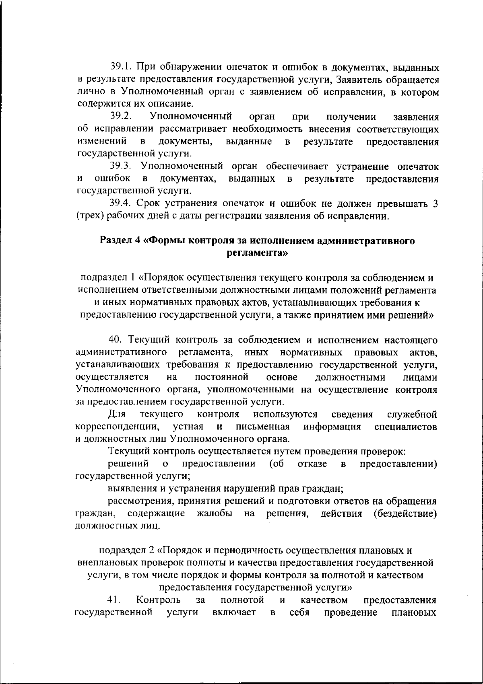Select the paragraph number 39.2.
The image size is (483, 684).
(x=122, y=117)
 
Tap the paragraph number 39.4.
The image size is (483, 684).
(x=122, y=204)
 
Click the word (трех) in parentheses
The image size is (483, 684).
(x=91, y=216)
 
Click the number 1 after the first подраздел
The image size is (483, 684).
(x=134, y=278)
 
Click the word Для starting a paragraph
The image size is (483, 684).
(x=117, y=414)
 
